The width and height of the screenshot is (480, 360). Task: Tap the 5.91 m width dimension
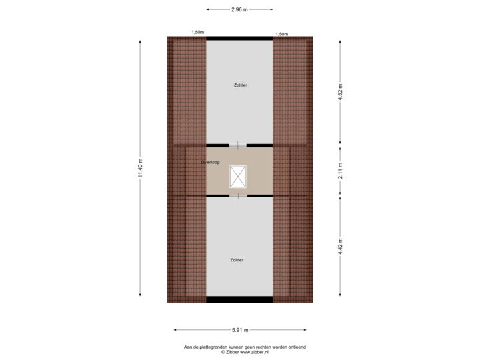point(240,329)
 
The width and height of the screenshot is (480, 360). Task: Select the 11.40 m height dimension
point(140,169)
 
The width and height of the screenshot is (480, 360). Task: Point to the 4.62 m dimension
point(340,91)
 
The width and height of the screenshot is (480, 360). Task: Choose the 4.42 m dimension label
point(340,246)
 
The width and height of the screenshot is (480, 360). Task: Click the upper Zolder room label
point(240,85)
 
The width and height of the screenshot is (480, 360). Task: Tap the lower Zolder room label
point(237,260)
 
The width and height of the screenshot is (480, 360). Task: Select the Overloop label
point(211,162)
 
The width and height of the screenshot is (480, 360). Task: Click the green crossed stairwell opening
point(238,176)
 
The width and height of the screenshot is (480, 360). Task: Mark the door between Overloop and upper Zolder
point(238,145)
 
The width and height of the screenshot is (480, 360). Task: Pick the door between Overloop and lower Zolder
point(238,195)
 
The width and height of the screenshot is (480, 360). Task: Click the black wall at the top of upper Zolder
point(239,38)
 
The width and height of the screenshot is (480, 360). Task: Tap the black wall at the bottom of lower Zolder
point(239,300)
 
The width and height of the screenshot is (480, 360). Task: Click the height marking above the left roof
point(197,33)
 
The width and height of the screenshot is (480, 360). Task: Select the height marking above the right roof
point(281,33)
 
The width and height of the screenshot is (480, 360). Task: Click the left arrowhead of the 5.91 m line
point(175,329)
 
